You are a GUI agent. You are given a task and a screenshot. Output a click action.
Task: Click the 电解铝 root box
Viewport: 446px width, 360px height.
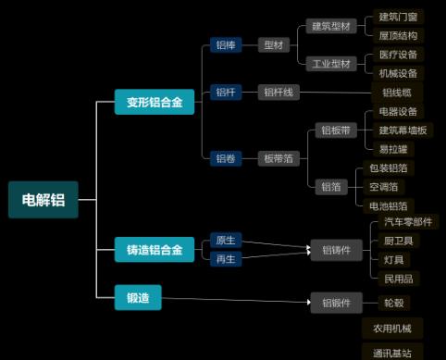pos(43,200)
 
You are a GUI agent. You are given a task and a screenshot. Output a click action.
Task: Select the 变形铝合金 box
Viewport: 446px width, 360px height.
pos(155,102)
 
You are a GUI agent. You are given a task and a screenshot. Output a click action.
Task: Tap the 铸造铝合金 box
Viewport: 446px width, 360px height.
pos(155,250)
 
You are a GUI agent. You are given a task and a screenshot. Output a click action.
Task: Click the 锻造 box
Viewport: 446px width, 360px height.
pos(138,298)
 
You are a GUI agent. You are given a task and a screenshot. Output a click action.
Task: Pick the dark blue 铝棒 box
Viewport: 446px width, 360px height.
pos(226,45)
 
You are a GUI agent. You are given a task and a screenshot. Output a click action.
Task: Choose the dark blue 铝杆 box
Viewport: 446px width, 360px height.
pos(226,93)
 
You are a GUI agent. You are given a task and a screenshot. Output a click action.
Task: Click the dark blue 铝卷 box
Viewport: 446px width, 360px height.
pos(226,158)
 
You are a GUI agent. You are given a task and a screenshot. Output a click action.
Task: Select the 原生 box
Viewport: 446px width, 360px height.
pos(226,240)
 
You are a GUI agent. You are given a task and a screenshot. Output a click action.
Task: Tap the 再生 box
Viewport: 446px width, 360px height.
pos(226,259)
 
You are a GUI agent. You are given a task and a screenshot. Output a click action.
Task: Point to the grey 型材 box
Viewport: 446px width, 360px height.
pos(274,45)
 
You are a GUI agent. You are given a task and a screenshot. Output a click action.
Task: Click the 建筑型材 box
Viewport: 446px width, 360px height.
pos(331,26)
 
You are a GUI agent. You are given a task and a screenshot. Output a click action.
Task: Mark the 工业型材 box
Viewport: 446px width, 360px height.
pos(331,64)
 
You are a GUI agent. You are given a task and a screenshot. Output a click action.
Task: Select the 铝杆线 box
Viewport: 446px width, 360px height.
pos(279,93)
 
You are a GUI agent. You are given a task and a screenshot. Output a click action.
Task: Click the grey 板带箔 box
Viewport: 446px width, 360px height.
pos(279,158)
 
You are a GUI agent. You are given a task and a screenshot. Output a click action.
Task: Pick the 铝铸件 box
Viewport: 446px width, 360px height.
pos(337,250)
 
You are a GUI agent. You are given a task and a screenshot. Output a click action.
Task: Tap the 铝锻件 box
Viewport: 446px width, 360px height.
pos(337,303)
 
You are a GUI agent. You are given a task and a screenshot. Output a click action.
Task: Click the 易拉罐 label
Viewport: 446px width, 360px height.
pos(393,149)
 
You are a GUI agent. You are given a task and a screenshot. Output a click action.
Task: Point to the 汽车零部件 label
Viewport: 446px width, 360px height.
pos(408,222)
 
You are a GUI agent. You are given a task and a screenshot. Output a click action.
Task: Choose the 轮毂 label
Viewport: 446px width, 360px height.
pos(394,303)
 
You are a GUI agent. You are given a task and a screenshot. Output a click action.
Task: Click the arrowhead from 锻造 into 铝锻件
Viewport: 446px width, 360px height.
pos(309,302)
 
